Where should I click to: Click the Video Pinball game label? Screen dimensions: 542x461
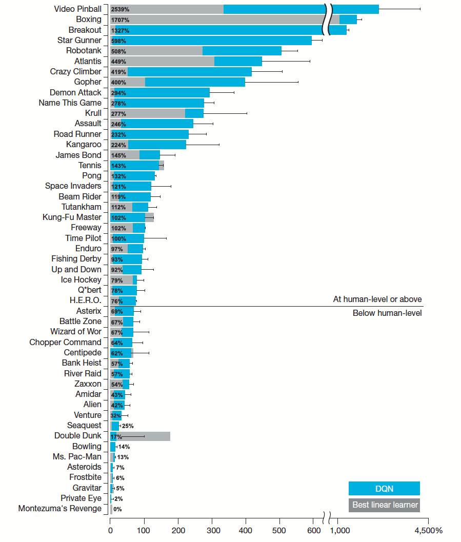77,9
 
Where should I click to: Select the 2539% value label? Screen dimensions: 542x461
120,10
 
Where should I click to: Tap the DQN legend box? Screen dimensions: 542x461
384,489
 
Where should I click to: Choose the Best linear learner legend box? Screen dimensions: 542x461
384,505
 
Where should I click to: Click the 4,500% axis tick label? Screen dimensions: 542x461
428,530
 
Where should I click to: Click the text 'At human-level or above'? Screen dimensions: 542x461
377,299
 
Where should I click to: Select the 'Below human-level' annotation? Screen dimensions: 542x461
387,313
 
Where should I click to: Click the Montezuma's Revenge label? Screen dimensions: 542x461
60,509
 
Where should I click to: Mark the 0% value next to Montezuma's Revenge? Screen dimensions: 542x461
117,509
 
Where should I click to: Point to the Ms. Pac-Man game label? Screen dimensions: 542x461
77,456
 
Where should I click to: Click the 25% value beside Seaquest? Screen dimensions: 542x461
128,426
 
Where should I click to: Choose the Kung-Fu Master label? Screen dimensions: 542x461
72,217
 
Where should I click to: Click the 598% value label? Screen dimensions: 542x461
118,41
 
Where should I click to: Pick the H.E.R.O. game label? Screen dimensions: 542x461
85,300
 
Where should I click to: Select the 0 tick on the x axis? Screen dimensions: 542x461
110,530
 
